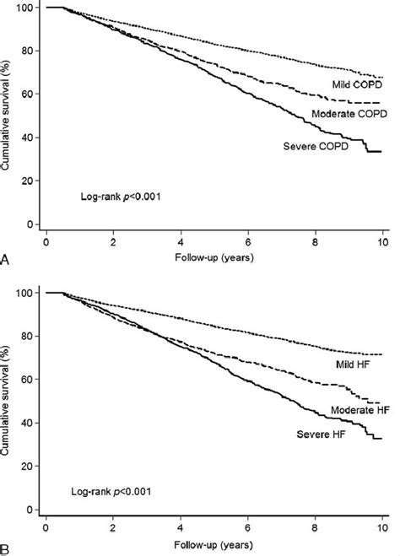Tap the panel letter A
coord(7,262)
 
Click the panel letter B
coord(7,549)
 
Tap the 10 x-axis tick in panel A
coord(383,241)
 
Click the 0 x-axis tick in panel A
coord(47,241)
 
